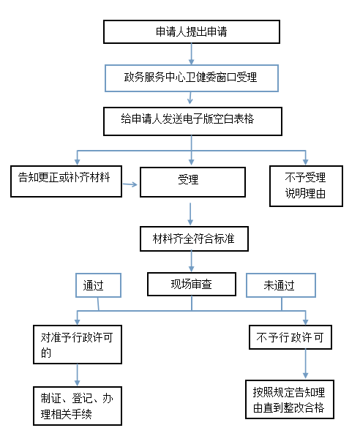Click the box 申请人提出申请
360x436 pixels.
click(192, 31)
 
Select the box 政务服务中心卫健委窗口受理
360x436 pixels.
click(192, 78)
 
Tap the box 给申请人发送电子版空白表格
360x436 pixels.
click(192, 121)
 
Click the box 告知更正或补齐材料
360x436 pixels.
click(66, 181)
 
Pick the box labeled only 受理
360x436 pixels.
click(192, 182)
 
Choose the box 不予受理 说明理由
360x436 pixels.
click(306, 186)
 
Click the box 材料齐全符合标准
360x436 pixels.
click(194, 239)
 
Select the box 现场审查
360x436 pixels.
click(192, 284)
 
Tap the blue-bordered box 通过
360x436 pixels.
click(98, 285)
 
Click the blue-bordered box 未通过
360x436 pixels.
click(281, 285)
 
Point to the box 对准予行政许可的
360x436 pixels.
click(78, 345)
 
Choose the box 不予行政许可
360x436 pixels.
click(290, 337)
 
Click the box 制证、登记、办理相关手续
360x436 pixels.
click(78, 406)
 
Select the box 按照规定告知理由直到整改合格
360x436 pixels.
click(289, 399)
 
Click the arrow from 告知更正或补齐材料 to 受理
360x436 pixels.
click(130, 184)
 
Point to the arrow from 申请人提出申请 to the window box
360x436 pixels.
click(192, 54)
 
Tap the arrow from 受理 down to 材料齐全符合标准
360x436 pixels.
click(190, 214)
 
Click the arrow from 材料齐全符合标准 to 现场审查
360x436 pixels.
click(192, 261)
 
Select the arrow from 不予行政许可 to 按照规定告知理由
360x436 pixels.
click(305, 364)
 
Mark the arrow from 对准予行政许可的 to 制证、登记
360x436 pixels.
click(78, 375)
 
